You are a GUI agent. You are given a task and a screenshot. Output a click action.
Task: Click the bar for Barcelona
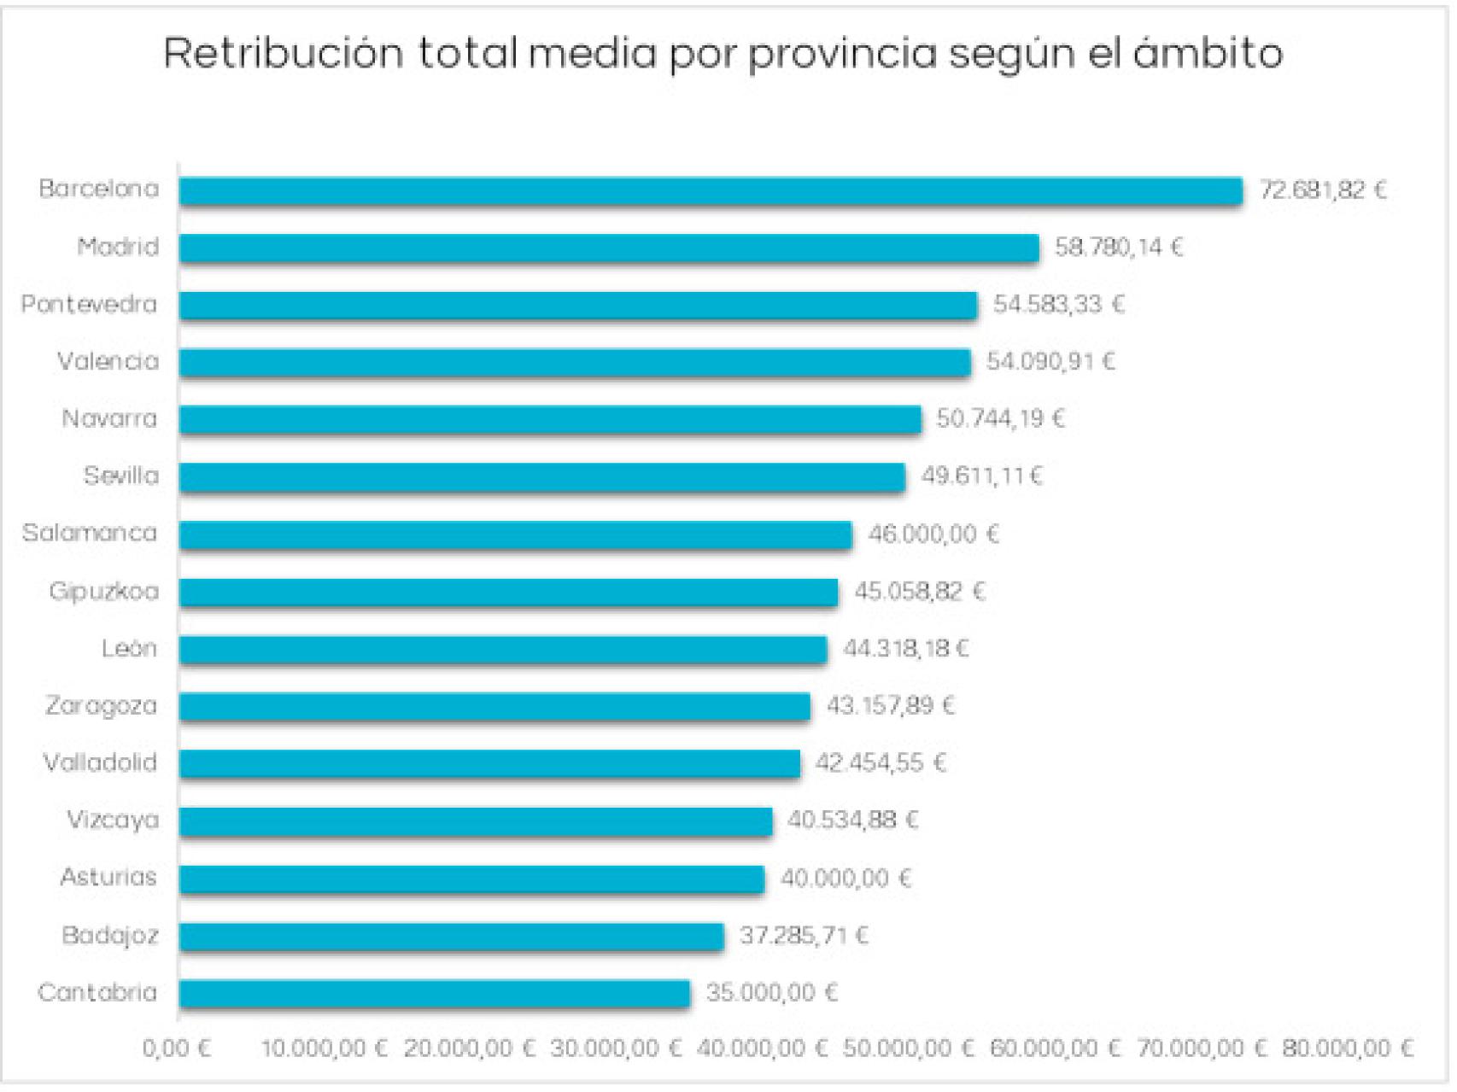pyautogui.click(x=711, y=190)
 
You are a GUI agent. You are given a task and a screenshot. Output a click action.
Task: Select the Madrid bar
pyautogui.click(x=609, y=248)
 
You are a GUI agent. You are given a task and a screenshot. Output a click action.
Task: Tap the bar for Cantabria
pyautogui.click(x=434, y=993)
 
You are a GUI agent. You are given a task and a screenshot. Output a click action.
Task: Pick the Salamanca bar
pyautogui.click(x=515, y=534)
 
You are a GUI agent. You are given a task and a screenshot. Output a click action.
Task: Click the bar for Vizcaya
pyautogui.click(x=476, y=820)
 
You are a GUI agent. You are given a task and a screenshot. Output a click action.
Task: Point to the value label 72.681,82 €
pyautogui.click(x=1323, y=190)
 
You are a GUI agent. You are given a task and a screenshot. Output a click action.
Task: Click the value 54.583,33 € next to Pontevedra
pyautogui.click(x=1058, y=305)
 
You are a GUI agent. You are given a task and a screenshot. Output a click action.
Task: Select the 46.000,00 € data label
pyautogui.click(x=933, y=534)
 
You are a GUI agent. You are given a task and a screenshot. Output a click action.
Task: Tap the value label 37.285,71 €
pyautogui.click(x=804, y=936)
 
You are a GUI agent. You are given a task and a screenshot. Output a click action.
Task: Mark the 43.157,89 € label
pyautogui.click(x=890, y=706)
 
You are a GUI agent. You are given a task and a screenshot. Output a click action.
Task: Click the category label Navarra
pyautogui.click(x=109, y=419)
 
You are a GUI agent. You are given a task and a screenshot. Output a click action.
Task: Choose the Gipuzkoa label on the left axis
pyautogui.click(x=103, y=592)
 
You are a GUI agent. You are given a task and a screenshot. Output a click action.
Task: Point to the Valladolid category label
pyautogui.click(x=100, y=762)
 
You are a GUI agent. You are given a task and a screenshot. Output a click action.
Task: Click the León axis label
pyautogui.click(x=129, y=649)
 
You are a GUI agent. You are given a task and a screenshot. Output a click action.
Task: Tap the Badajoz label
pyautogui.click(x=109, y=936)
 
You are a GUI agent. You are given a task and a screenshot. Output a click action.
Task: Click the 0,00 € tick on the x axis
pyautogui.click(x=177, y=1048)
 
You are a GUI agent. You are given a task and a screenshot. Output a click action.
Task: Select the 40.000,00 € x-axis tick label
pyautogui.click(x=762, y=1048)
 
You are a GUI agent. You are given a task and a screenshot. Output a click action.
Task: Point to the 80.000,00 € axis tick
pyautogui.click(x=1348, y=1048)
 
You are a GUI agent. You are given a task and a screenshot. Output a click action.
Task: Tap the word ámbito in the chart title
pyautogui.click(x=1208, y=53)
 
